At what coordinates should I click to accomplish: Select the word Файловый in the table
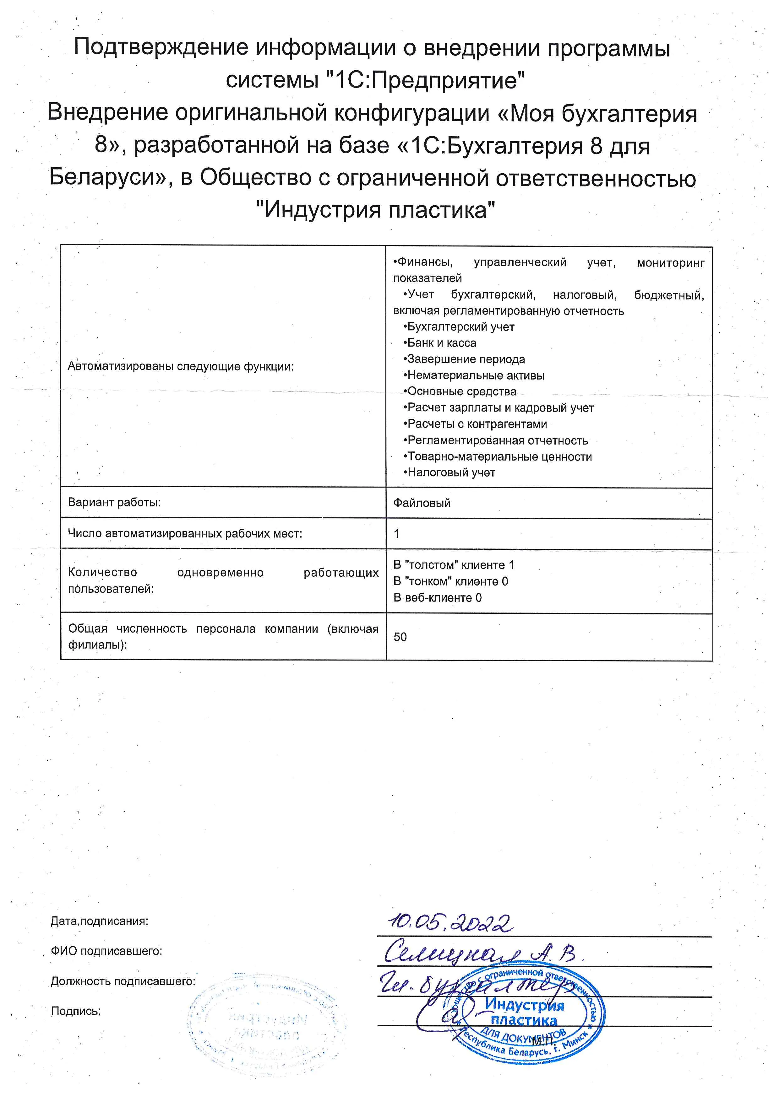[x=422, y=503]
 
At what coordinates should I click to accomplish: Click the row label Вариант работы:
[x=114, y=503]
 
